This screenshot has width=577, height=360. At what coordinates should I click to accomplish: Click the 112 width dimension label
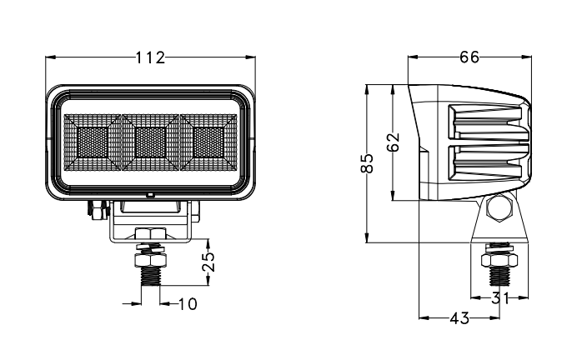pyautogui.click(x=150, y=57)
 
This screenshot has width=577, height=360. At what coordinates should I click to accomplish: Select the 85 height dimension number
pyautogui.click(x=367, y=162)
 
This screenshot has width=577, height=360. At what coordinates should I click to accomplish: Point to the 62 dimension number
pyautogui.click(x=394, y=142)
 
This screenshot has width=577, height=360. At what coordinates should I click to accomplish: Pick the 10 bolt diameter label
pyautogui.click(x=188, y=304)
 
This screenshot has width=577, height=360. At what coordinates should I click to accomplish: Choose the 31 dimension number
pyautogui.click(x=500, y=298)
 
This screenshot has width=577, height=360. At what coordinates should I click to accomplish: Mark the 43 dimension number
pyautogui.click(x=459, y=317)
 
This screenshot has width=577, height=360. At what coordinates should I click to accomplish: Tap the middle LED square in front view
pyautogui.click(x=150, y=139)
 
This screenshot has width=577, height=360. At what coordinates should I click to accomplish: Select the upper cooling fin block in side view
pyautogui.click(x=488, y=122)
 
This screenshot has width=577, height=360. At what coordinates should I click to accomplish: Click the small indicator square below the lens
pyautogui.click(x=150, y=194)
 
